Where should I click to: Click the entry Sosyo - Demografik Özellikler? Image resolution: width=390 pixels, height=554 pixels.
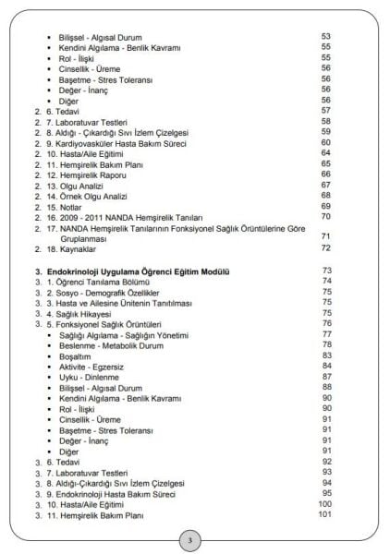114,291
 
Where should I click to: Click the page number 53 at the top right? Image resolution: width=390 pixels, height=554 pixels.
325,36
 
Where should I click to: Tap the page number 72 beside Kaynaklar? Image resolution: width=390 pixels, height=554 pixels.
325,247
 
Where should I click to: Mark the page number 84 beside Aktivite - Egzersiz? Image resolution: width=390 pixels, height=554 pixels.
325,365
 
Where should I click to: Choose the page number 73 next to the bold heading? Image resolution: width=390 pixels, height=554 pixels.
325,270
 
